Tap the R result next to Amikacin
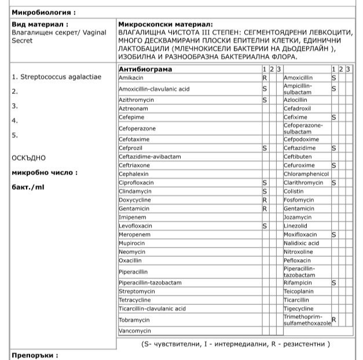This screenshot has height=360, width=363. click(265, 77)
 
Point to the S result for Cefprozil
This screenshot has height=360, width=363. click(265, 148)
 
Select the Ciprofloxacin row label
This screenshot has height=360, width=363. click(137, 183)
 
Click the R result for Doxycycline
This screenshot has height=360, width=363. click(265, 200)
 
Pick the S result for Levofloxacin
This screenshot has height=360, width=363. click(265, 226)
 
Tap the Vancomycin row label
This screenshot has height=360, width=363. click(135, 331)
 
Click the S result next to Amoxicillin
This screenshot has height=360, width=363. click(334, 77)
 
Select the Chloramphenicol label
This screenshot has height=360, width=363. click(306, 174)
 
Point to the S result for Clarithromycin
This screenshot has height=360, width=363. click(334, 183)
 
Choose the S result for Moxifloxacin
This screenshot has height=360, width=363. click(334, 235)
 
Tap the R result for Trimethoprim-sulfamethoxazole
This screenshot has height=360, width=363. click(334, 319)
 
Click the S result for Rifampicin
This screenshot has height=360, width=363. click(334, 283)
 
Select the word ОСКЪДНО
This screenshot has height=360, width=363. click(28, 157)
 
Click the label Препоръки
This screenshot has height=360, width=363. click(34, 355)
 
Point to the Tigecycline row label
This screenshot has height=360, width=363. click(299, 309)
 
